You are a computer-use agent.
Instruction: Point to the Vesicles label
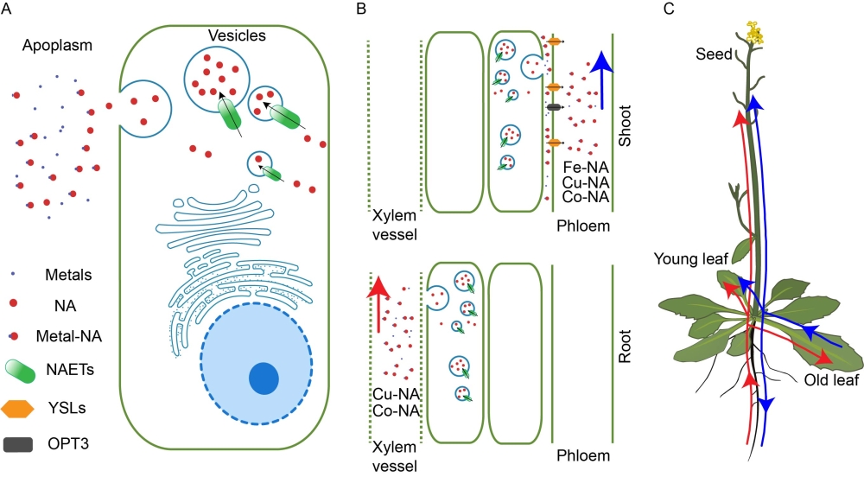(x=236, y=36)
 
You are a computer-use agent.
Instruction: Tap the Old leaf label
(x=829, y=380)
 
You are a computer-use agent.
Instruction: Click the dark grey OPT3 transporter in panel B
(x=554, y=107)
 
